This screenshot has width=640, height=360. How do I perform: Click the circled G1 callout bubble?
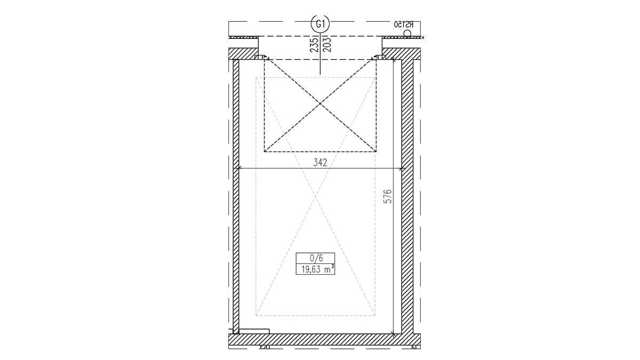point(320,24)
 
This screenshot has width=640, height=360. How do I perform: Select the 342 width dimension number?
point(320,163)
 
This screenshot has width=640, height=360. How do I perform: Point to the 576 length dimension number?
point(387,196)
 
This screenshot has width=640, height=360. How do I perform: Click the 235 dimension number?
point(314,45)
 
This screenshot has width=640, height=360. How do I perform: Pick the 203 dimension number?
point(327,45)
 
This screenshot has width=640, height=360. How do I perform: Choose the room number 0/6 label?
point(316,258)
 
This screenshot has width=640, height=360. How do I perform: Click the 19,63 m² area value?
point(316,269)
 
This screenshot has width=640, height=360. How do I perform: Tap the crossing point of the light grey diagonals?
point(315,197)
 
